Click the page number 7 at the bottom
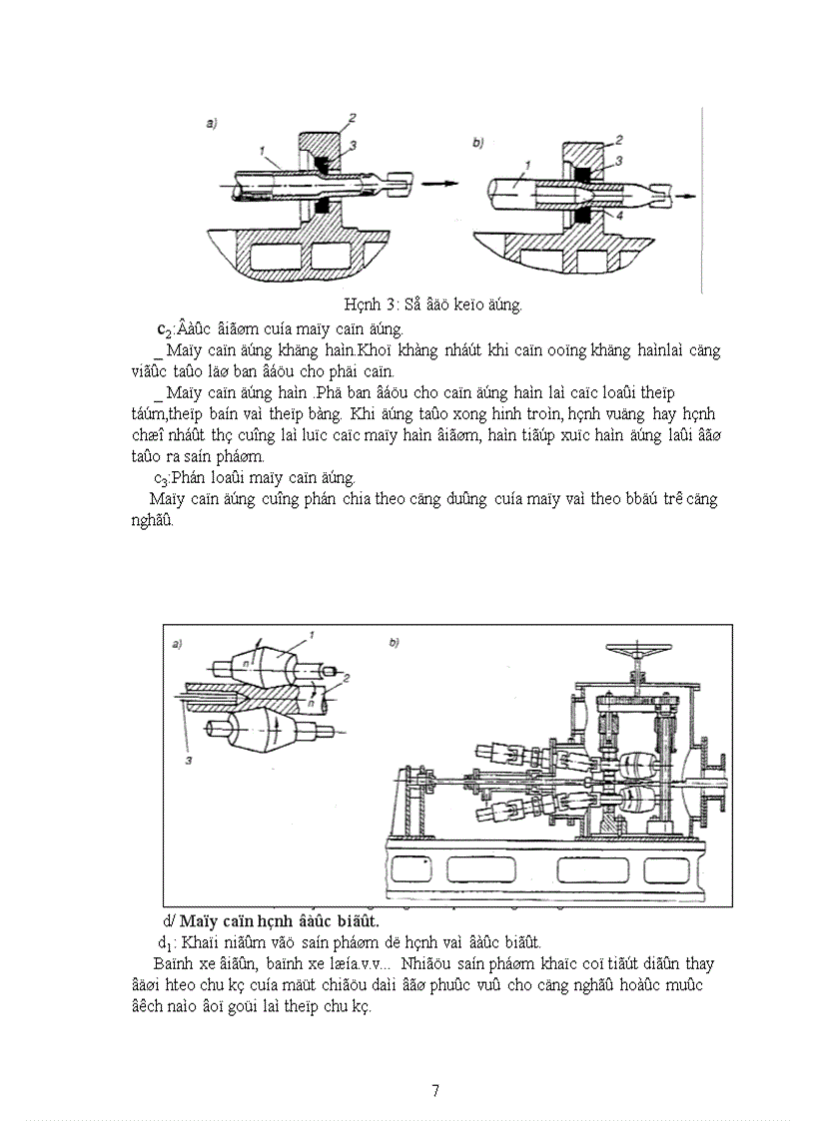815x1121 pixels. [x=434, y=1090]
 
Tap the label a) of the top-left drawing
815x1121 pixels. [x=212, y=124]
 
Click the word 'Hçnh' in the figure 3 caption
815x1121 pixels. [x=361, y=304]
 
